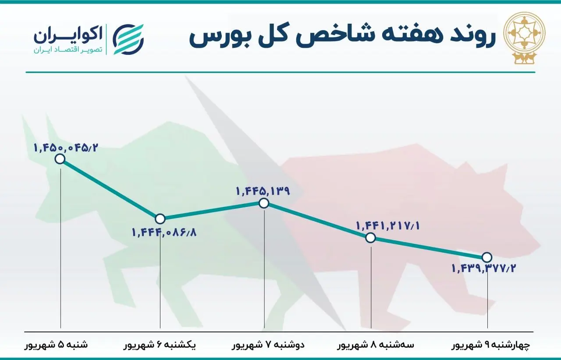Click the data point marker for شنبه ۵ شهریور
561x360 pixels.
[60, 159]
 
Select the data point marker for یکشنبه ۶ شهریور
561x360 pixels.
[160, 218]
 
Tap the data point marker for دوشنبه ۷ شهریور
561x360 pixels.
[264, 203]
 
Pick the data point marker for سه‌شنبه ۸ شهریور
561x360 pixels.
[371, 238]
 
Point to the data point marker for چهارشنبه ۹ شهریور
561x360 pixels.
[486, 257]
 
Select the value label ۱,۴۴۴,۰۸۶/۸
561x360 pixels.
[164, 232]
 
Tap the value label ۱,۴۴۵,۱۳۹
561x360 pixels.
[263, 191]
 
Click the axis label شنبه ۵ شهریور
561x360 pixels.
[56, 345]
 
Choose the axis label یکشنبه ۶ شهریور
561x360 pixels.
[160, 345]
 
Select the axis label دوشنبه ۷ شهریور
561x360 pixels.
[268, 345]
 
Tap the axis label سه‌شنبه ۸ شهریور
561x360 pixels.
[375, 345]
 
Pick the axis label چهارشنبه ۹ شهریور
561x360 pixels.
[491, 345]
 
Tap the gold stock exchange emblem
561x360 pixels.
[524, 37]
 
